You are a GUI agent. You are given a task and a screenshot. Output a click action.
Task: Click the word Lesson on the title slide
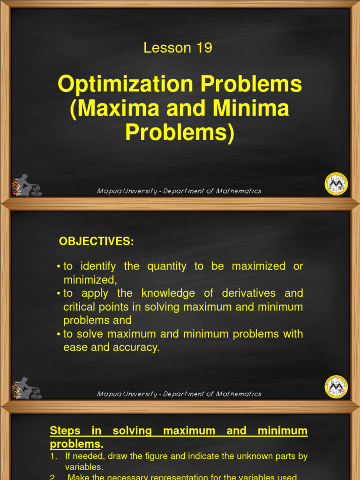tap(167, 48)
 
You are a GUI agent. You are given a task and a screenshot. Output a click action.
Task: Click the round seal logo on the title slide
tap(336, 184)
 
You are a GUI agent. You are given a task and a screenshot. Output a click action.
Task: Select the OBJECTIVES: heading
tap(96, 241)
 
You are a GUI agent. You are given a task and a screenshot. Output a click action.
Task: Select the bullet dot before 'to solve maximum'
tap(59, 335)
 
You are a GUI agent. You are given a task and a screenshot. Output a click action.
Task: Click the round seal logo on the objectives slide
tap(336, 387)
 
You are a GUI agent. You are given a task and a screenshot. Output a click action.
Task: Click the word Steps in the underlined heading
tap(65, 430)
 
